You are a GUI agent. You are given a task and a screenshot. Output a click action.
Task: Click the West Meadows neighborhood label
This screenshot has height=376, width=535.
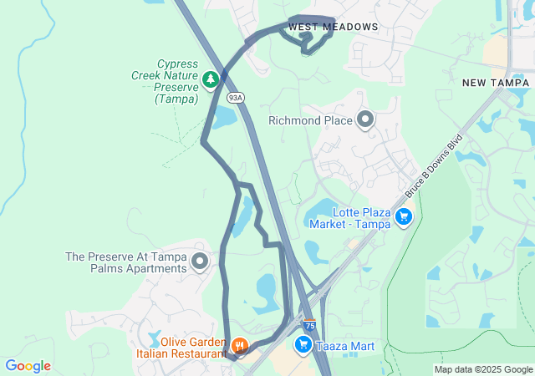(x=333, y=28)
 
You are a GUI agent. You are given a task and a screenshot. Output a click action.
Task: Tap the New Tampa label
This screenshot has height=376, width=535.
(x=496, y=83)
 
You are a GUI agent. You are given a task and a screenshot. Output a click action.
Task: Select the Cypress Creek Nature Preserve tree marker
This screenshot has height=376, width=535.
(x=211, y=79)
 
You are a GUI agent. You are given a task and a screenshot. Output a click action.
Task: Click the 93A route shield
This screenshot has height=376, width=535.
(x=236, y=98)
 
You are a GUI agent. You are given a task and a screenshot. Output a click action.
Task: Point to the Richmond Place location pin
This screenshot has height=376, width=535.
(x=365, y=120)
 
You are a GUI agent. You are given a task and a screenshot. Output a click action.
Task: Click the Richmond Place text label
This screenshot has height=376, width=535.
(x=310, y=121)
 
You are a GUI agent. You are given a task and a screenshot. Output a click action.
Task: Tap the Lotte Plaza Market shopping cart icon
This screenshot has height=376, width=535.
(x=404, y=217)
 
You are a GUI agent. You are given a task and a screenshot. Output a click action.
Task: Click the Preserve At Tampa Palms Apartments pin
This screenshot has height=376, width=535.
(x=200, y=262)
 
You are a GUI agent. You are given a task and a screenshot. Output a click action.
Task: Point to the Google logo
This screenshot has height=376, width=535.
(x=28, y=366)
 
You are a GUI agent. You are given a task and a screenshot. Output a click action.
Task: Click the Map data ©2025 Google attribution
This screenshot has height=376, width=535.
(x=483, y=369)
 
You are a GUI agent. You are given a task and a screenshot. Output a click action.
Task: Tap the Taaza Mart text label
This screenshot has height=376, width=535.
(x=344, y=346)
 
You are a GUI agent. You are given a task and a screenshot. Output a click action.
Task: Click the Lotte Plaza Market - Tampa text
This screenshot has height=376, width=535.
(x=347, y=217)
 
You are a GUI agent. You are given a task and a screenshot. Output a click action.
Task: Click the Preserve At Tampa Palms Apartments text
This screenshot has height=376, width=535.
(x=125, y=262)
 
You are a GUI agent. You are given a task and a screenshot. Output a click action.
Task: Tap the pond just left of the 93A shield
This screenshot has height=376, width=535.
(x=222, y=118)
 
